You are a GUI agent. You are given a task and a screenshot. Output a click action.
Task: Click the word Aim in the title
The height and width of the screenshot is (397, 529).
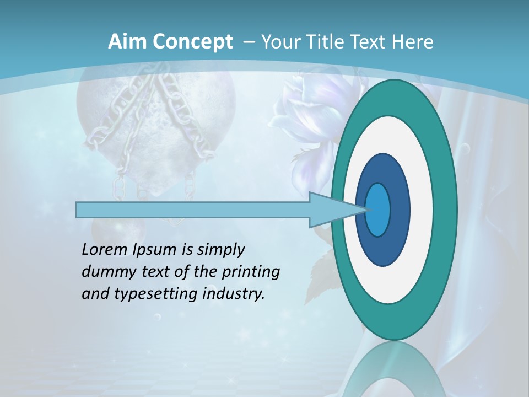point(123,42)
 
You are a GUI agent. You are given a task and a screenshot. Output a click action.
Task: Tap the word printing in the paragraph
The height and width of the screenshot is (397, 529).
point(251,272)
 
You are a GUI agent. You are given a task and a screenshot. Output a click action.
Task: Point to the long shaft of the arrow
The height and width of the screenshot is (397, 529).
point(193,210)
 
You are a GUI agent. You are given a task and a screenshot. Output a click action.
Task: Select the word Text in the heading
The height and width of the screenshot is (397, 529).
point(370,42)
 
